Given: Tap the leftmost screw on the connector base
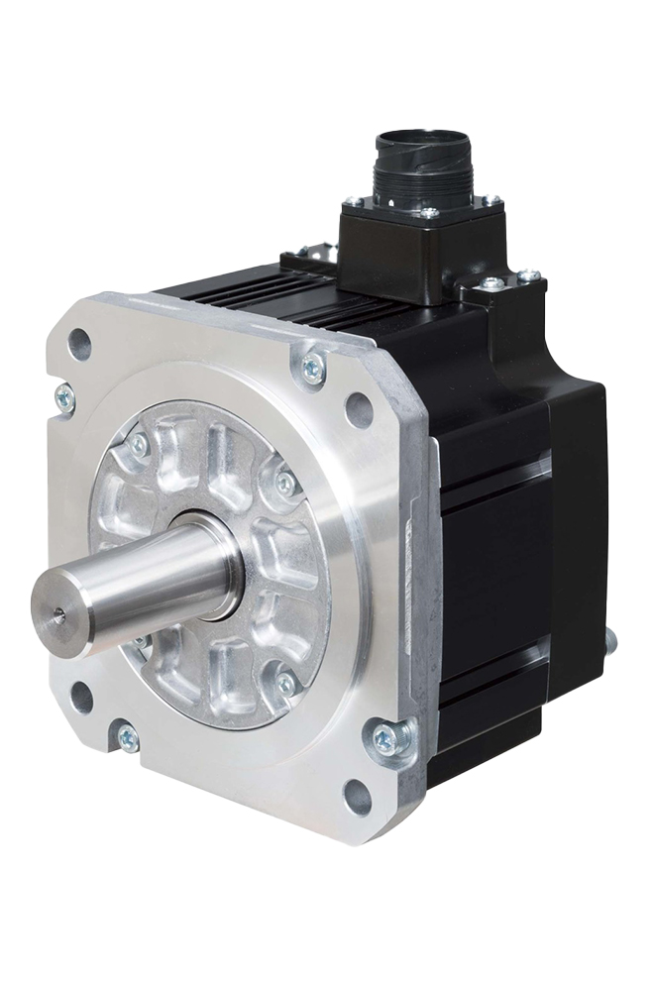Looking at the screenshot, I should tap(353, 202).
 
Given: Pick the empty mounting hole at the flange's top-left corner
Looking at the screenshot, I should tap(80, 345).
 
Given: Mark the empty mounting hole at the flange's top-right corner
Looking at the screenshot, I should tap(359, 408).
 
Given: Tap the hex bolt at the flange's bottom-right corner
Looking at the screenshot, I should tap(385, 738).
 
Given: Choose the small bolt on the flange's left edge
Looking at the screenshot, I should tap(65, 395).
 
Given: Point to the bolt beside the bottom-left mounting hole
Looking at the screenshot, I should tap(127, 736).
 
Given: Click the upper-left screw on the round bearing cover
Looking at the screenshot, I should tap(138, 448).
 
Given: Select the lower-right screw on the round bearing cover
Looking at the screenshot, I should tap(285, 684).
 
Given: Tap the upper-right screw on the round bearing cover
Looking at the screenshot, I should tap(285, 483).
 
